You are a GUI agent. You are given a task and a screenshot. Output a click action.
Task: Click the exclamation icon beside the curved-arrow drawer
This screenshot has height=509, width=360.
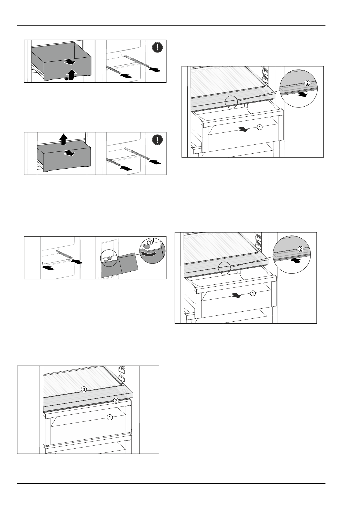(157, 47)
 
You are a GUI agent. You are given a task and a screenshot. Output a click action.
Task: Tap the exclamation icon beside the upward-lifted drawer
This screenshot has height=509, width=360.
(157, 139)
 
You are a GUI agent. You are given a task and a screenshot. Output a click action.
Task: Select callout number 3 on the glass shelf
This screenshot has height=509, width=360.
(84, 390)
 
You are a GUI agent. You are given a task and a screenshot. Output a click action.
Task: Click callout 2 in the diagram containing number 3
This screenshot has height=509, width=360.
(116, 401)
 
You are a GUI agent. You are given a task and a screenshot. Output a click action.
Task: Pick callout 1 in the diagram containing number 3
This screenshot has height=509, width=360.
(110, 417)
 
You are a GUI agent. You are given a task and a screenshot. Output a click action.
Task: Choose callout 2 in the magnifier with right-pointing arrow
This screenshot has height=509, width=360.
(307, 83)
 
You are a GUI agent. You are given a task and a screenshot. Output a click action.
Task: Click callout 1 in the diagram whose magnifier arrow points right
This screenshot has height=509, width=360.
(260, 127)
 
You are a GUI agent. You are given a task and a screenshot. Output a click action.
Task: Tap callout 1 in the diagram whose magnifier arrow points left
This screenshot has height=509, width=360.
(253, 293)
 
